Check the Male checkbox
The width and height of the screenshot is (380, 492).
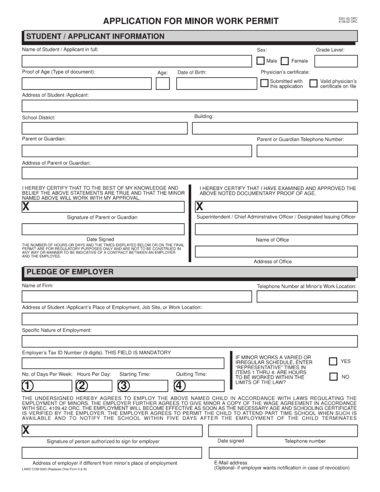click(x=260, y=61)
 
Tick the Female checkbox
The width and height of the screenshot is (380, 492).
click(x=285, y=61)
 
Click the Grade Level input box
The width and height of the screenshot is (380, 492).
click(x=336, y=61)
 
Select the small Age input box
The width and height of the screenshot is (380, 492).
click(x=162, y=84)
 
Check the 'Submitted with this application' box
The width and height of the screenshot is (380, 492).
click(x=264, y=83)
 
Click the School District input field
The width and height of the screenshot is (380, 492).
click(x=104, y=128)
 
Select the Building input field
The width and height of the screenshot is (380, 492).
click(x=275, y=128)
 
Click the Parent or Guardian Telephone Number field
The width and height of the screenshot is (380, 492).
click(x=307, y=151)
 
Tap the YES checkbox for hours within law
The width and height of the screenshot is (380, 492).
click(x=333, y=361)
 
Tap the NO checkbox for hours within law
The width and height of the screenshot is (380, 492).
click(x=333, y=377)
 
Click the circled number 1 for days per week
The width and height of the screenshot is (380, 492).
click(x=28, y=386)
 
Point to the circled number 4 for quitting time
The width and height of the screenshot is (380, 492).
click(x=180, y=386)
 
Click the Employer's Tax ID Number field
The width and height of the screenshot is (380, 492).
click(x=123, y=363)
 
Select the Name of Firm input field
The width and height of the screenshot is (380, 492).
click(x=137, y=296)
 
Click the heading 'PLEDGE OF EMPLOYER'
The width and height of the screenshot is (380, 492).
click(x=70, y=272)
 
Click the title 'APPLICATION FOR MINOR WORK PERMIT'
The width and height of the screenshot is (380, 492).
click(x=191, y=21)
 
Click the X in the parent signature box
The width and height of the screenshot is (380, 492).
click(x=26, y=207)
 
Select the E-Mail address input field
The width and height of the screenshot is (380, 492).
click(x=283, y=453)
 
